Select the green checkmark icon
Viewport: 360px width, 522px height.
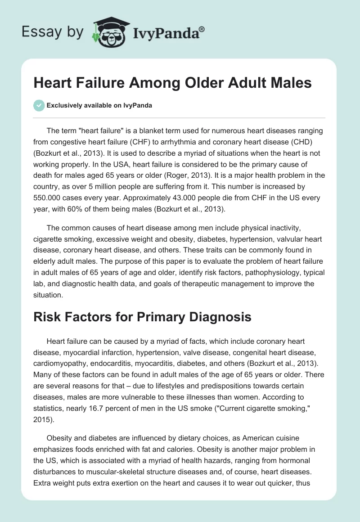pyautogui.click(x=39, y=105)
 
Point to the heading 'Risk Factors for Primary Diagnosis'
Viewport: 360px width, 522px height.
pyautogui.click(x=142, y=317)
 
